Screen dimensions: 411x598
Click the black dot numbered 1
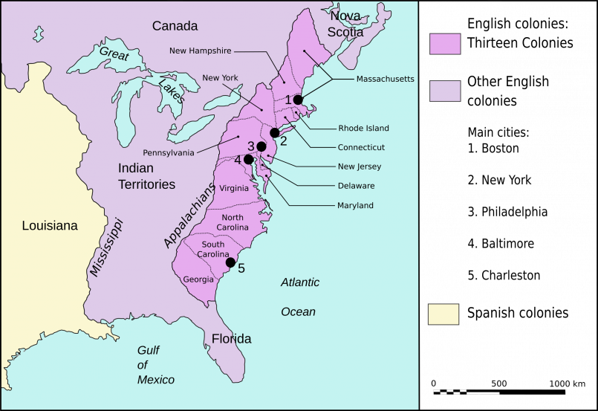[298, 100]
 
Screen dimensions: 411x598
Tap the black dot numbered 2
[275, 132]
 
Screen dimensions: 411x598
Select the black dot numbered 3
[261, 146]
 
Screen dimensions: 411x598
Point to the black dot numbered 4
[248, 159]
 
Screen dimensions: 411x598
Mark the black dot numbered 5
[230, 262]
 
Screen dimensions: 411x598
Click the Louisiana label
[50, 226]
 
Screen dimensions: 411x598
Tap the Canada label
[175, 27]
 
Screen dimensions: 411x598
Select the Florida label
[231, 339]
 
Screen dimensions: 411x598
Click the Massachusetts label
[385, 79]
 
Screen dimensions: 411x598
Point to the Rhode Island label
[363, 129]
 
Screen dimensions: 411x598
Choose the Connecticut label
[361, 147]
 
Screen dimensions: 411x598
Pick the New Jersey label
[360, 166]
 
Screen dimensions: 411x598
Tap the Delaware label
[356, 186]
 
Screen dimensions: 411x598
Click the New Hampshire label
[201, 51]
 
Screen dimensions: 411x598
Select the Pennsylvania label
[169, 152]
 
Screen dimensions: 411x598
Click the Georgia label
[198, 280]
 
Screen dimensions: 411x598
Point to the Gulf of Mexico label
[156, 365]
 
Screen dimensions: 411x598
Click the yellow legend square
[443, 314]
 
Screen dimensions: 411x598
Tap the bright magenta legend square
[445, 44]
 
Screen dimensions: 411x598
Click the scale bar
[466, 392]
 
